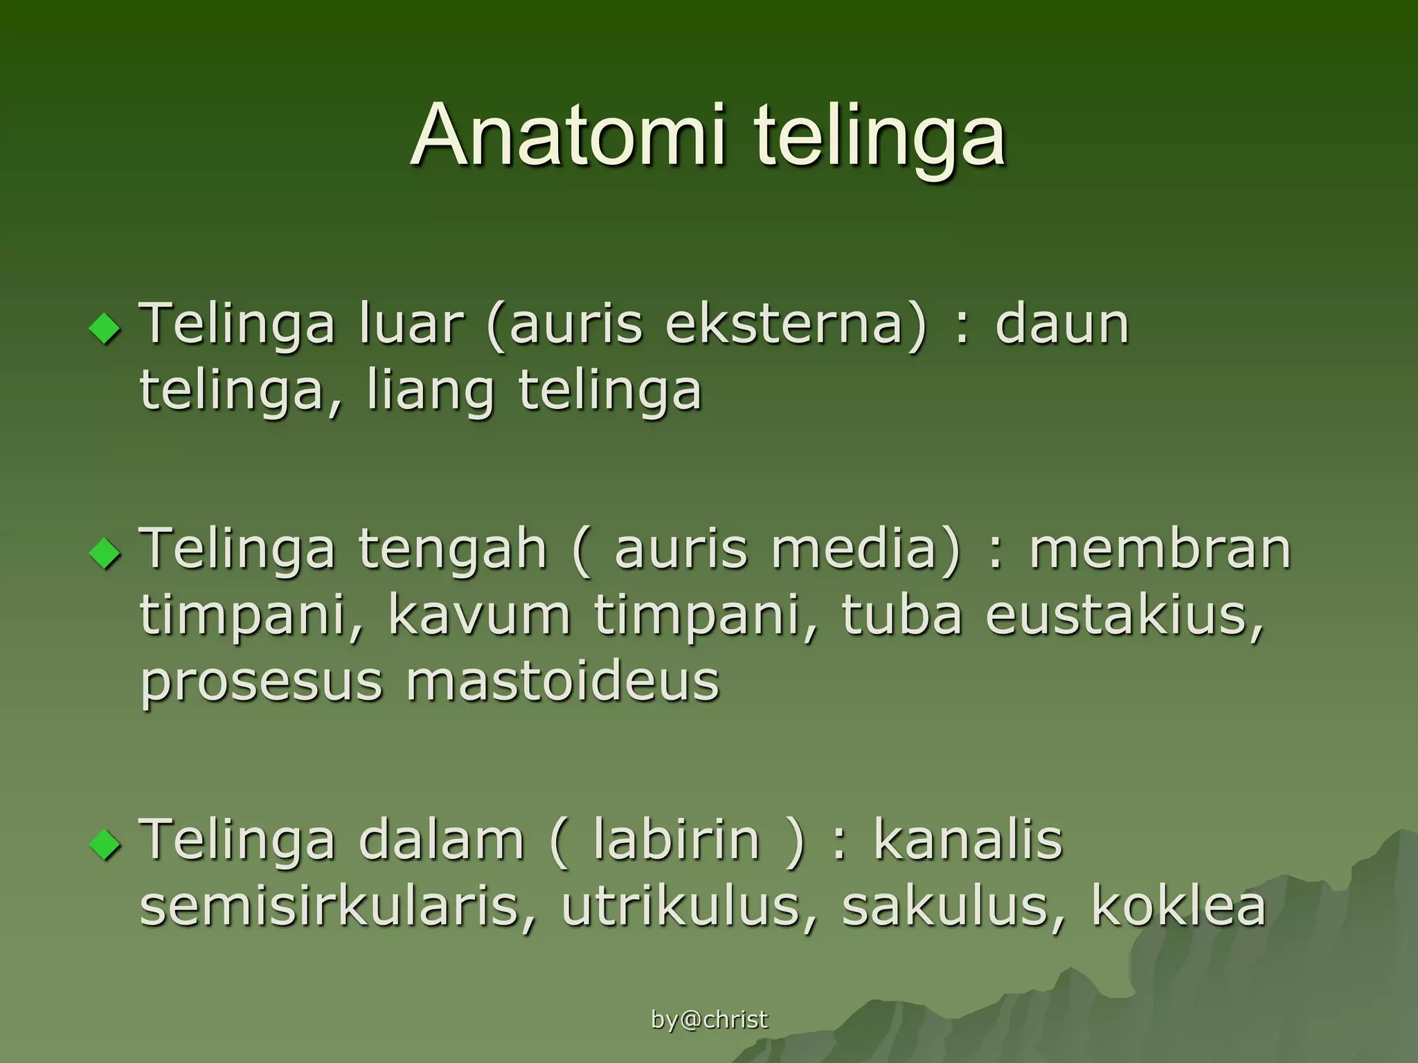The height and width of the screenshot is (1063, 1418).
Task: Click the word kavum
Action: [479, 615]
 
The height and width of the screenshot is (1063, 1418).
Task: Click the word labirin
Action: [676, 839]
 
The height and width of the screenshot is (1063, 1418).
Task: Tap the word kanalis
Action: [967, 839]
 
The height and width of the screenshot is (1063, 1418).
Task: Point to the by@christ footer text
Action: [710, 1019]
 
